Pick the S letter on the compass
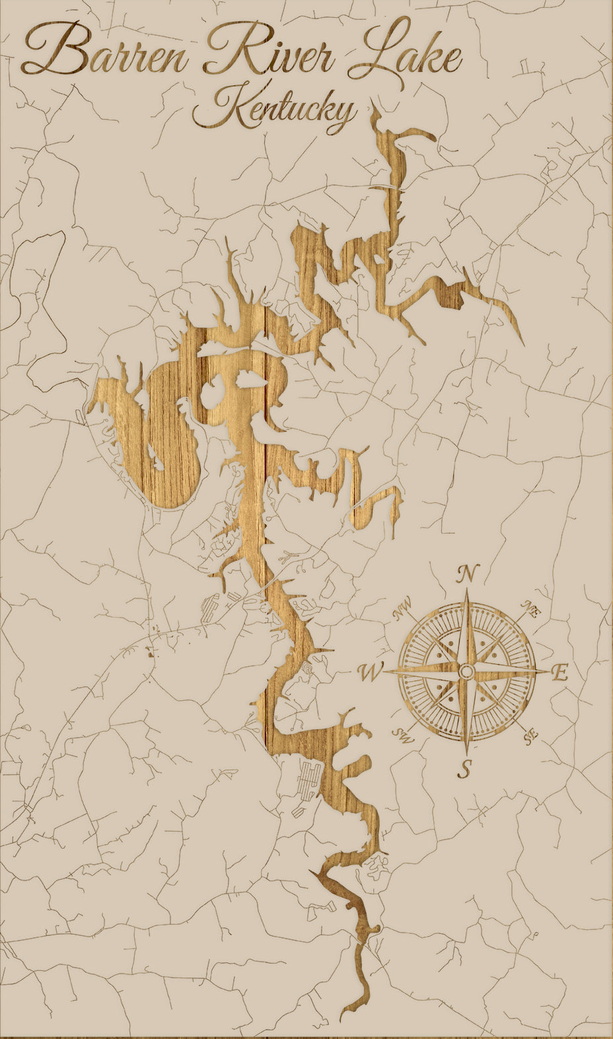(466, 768)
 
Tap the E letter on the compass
(559, 673)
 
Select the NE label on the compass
(531, 610)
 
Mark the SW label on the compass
(402, 734)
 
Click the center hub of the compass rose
(466, 672)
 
